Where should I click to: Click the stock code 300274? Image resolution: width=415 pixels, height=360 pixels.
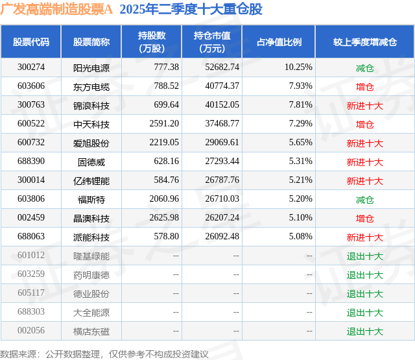pyautogui.click(x=31, y=67)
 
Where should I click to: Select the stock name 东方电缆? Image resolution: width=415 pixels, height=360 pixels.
pyautogui.click(x=91, y=86)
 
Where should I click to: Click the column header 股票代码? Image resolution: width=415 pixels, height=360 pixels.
pyautogui.click(x=31, y=42)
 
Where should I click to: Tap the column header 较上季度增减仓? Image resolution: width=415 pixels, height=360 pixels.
pyautogui.click(x=364, y=42)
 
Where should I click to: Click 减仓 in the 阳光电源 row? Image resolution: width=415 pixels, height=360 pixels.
pyautogui.click(x=364, y=67)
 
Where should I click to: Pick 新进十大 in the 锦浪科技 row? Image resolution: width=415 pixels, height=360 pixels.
pyautogui.click(x=364, y=104)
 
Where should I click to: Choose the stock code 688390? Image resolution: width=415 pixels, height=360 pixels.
pyautogui.click(x=31, y=162)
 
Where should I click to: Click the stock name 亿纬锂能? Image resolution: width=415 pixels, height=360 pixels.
pyautogui.click(x=91, y=180)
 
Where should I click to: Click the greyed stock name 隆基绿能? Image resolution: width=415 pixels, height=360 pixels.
pyautogui.click(x=91, y=256)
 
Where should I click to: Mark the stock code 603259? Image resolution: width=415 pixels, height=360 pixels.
pyautogui.click(x=31, y=274)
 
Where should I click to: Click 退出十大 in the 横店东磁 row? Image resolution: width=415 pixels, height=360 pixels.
pyautogui.click(x=364, y=331)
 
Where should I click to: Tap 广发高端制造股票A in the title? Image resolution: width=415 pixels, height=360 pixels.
pyautogui.click(x=57, y=10)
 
